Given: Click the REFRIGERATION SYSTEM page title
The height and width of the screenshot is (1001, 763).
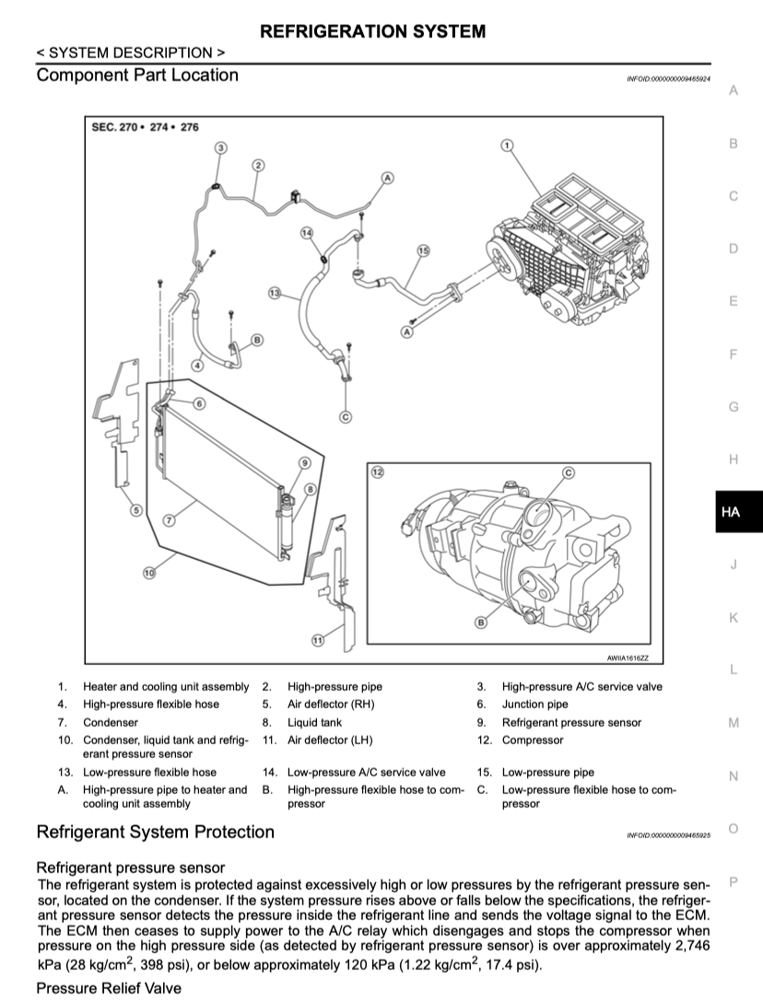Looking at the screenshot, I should pos(373,31).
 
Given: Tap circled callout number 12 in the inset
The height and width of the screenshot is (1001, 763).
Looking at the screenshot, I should pos(376,471).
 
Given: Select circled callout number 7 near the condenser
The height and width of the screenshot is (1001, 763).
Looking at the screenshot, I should pos(169,520).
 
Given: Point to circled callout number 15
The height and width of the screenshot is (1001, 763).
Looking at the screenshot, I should pos(423,250).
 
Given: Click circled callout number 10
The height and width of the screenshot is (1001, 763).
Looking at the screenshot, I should pos(149,573).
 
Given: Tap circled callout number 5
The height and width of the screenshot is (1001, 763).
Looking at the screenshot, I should pos(135,510).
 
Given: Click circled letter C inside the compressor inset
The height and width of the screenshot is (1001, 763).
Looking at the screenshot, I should pos(568,471).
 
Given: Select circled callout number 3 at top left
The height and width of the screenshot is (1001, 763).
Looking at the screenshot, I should pos(220,147).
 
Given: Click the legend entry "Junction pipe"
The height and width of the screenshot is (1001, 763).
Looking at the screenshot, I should pos(535,704).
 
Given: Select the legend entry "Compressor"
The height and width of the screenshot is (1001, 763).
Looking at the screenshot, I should pos(532,740).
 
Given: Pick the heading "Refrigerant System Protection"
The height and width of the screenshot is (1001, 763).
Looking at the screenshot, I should pos(155,832).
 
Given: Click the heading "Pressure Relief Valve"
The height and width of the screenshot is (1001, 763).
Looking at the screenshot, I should pos(108,987).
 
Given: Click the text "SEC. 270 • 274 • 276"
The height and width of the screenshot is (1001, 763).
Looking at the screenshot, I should pos(146,127).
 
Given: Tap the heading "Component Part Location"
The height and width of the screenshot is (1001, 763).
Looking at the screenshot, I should pos(137,76).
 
